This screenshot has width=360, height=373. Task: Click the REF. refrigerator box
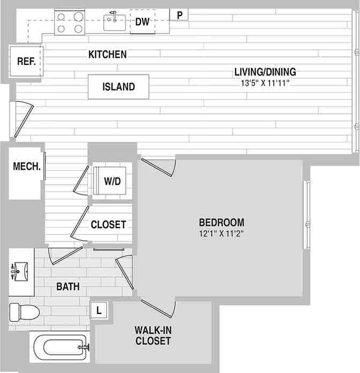[x=26, y=61]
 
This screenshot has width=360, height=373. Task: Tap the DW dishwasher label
[x=142, y=22]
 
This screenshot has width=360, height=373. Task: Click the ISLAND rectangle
[x=118, y=87]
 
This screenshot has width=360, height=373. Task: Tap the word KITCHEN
[x=108, y=54]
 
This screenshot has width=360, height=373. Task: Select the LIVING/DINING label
[x=265, y=72]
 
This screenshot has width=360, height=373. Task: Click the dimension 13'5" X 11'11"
[x=265, y=83]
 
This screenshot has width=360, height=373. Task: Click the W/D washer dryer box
[x=112, y=181]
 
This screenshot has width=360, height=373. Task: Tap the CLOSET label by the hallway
[x=108, y=225]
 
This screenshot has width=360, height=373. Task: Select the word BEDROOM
[x=222, y=222]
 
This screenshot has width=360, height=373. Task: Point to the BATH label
[x=68, y=287]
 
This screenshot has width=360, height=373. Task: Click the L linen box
[x=99, y=309]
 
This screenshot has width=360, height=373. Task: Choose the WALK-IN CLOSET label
[x=153, y=336]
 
